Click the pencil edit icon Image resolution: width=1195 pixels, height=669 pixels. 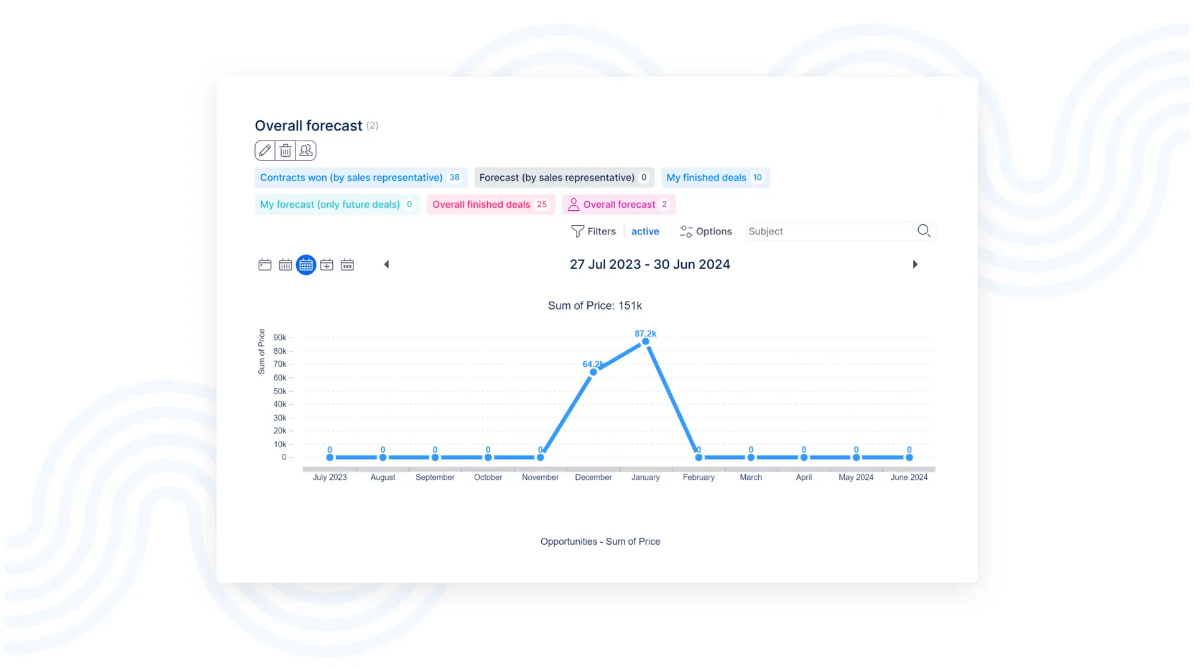click(265, 150)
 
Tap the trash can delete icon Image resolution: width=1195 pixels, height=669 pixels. click(286, 150)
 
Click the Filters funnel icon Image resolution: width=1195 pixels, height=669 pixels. click(577, 231)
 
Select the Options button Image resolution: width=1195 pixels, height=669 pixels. click(705, 231)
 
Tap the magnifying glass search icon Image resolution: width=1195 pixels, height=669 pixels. click(924, 231)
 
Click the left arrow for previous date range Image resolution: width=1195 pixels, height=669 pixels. click(386, 264)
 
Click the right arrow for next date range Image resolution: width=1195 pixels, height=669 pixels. click(915, 264)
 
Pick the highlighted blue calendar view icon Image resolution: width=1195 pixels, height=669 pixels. click(306, 265)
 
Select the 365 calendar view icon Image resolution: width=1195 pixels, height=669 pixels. click(347, 265)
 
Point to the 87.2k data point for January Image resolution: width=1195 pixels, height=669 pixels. click(646, 341)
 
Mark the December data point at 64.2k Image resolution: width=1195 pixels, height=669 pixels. click(593, 372)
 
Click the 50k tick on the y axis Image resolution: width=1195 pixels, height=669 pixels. click(280, 391)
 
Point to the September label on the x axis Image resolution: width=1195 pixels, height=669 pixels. click(435, 478)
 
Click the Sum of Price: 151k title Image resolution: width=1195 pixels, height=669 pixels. click(595, 306)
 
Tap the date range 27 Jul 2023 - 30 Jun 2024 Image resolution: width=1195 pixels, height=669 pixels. click(650, 264)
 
